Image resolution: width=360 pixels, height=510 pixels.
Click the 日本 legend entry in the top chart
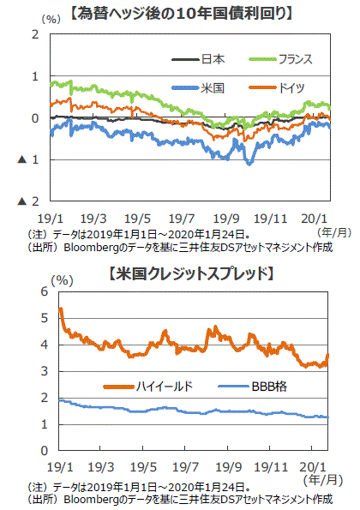point(198,59)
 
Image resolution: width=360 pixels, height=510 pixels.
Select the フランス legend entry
point(280,59)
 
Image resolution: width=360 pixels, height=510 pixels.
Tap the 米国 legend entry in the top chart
point(198,87)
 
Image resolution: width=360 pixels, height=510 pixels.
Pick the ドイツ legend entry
point(277,87)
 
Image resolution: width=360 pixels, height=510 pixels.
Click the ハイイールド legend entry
point(148,387)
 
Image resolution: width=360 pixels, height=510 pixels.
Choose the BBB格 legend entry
point(253,387)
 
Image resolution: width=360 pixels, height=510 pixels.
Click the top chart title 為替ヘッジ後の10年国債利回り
point(181,14)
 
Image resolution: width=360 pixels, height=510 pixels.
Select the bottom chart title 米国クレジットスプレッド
point(191,273)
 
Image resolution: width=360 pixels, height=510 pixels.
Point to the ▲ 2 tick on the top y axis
point(28,201)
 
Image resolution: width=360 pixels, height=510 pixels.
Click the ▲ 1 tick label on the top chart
point(28,159)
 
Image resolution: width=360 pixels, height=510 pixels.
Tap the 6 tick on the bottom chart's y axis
point(45,291)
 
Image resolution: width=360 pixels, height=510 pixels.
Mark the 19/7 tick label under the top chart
point(182,219)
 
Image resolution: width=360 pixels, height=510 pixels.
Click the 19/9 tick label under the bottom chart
point(229,467)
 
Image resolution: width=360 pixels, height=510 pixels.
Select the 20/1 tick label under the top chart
point(314,219)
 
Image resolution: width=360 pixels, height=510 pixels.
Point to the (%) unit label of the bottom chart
point(62,280)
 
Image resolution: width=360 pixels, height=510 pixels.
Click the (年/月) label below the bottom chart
point(323,480)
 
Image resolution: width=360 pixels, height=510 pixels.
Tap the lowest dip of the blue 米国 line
point(249,164)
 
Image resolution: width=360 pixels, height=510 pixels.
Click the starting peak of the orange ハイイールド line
point(61,309)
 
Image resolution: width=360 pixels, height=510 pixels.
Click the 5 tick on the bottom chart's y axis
point(45,318)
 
